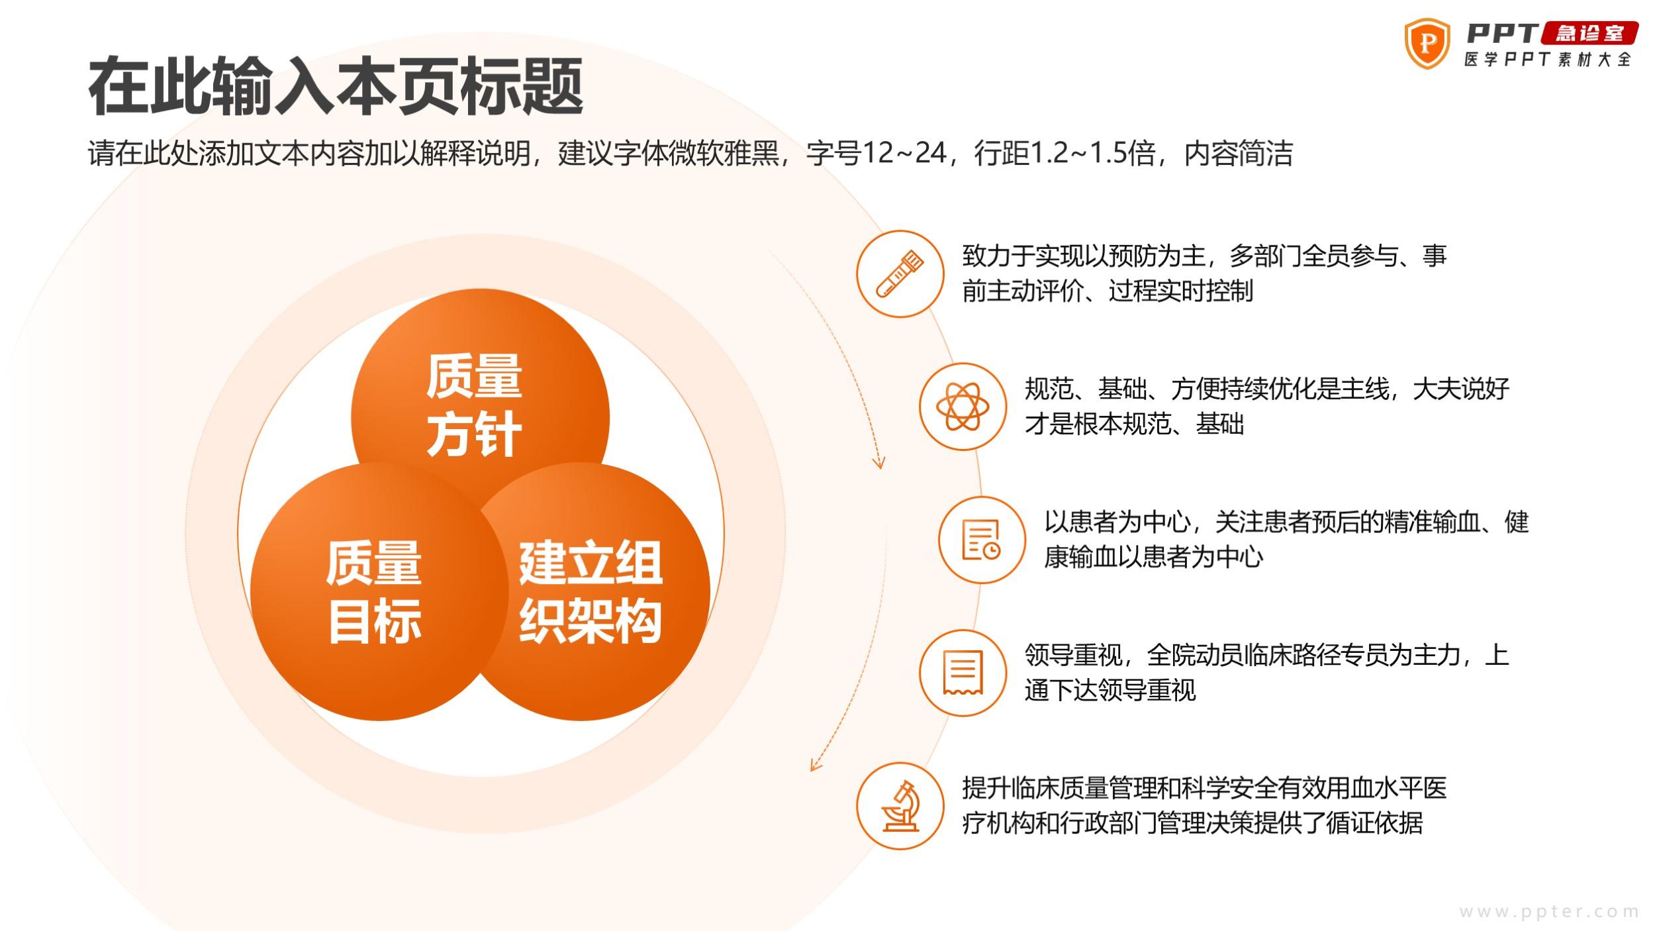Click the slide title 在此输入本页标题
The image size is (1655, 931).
(x=336, y=86)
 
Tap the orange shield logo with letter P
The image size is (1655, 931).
(x=1428, y=44)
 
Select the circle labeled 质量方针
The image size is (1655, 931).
(x=480, y=417)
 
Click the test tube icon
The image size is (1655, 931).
(x=900, y=273)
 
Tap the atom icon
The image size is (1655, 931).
(x=963, y=407)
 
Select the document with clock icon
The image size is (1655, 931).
(x=982, y=540)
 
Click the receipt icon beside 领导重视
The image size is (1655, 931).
(x=963, y=673)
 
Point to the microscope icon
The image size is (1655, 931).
(x=900, y=806)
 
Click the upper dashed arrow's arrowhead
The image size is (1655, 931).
(x=879, y=462)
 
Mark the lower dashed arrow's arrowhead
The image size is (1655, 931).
(x=815, y=765)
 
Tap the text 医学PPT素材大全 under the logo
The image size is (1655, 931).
(x=1548, y=60)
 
